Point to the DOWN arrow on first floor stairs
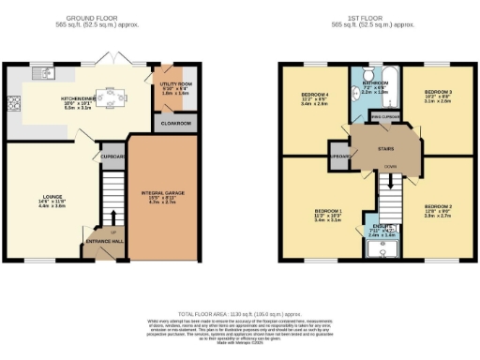coord(387,166)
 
